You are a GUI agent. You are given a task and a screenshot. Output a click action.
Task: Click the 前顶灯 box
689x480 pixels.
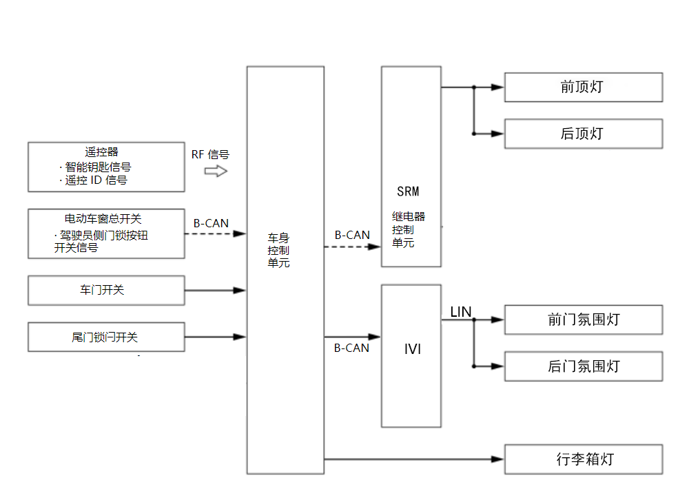(x=583, y=87)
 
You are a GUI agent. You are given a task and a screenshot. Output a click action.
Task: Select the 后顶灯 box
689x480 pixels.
(x=583, y=134)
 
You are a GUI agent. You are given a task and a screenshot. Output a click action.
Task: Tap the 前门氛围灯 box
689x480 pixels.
(x=583, y=320)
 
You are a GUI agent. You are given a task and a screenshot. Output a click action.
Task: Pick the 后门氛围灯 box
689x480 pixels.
(x=583, y=366)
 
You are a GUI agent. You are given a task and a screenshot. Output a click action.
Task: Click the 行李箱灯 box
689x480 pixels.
(x=583, y=459)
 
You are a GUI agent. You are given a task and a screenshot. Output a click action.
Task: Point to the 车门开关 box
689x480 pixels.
(x=106, y=290)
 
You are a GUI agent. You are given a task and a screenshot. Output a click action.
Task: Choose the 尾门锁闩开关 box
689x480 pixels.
(x=106, y=337)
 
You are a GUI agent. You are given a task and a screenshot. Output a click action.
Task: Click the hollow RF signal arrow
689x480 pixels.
(x=216, y=171)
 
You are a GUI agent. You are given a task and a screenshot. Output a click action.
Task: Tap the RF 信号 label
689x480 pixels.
(x=210, y=154)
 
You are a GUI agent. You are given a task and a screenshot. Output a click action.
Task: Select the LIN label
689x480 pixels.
(x=461, y=312)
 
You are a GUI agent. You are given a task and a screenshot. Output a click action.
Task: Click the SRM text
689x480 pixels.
(x=408, y=191)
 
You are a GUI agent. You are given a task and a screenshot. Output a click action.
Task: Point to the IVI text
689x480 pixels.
(x=413, y=349)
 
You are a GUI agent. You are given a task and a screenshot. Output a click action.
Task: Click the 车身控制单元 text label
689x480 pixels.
(x=278, y=250)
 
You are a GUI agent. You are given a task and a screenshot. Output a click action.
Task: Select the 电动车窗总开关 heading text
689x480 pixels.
(x=103, y=218)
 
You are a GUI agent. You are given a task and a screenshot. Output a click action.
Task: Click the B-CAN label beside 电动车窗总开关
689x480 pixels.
(x=211, y=223)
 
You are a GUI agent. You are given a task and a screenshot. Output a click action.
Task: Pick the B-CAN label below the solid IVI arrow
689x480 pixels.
(x=351, y=348)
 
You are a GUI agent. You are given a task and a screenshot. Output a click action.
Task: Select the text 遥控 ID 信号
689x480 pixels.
(x=96, y=180)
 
